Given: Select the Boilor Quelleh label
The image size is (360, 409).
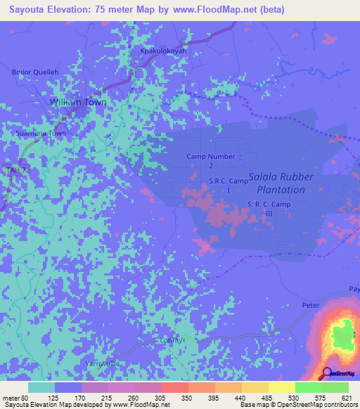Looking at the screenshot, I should pos(33,72).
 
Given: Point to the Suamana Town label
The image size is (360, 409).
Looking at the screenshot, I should pos(41,133).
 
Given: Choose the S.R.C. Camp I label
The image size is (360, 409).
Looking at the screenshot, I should pos(229,186).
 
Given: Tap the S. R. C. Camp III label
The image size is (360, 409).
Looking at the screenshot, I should pos(269,209).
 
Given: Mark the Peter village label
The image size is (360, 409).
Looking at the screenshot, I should pos(310,306).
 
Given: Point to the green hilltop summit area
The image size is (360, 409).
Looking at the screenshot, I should pos(342,336).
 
